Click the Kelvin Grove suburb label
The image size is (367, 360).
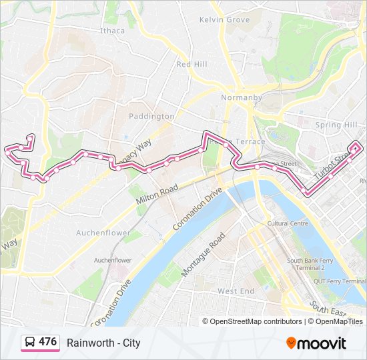(224, 20)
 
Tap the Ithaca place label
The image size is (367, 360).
(112, 31)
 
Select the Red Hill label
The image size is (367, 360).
(192, 64)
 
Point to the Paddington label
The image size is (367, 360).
(151, 116)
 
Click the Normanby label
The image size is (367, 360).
(241, 97)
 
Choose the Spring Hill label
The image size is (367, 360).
(336, 125)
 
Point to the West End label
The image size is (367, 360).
(236, 291)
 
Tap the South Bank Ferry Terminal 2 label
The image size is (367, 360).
(305, 264)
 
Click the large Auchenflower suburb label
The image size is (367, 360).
(103, 233)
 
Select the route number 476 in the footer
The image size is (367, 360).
(47, 342)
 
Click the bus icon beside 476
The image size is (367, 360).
(30, 343)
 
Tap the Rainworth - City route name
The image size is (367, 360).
(103, 343)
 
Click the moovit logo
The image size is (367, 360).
(316, 343)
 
